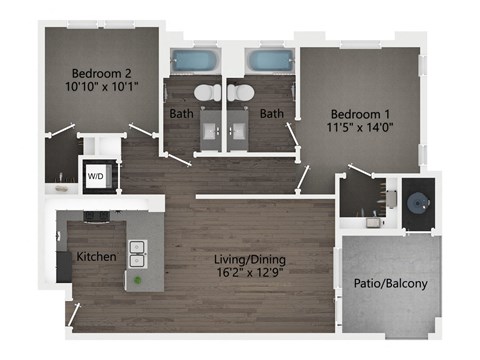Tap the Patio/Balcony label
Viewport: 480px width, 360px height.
tap(391, 284)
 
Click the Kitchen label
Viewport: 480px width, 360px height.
tap(96, 257)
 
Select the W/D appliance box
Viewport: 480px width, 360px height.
tap(97, 176)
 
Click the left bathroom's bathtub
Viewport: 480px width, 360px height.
tap(190, 60)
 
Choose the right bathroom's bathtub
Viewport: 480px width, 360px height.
tap(268, 60)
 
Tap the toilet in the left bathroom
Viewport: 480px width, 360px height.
tap(206, 93)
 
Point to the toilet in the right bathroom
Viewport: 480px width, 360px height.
tap(240, 93)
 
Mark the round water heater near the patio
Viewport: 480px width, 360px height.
tap(415, 197)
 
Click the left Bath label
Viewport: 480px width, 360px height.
tap(181, 114)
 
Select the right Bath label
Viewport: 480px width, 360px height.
tap(271, 114)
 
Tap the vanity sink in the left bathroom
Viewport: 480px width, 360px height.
tap(212, 127)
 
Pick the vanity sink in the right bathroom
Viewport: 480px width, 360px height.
tap(239, 127)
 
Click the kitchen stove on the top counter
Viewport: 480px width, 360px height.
tap(97, 213)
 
